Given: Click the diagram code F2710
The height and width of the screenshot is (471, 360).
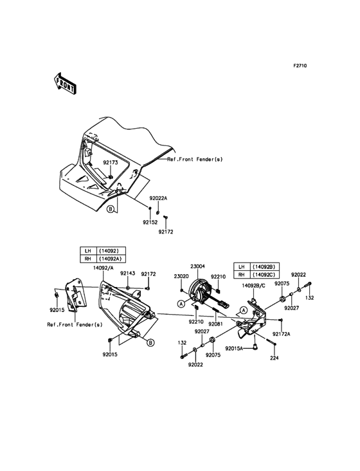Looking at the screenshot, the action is (x=300, y=66).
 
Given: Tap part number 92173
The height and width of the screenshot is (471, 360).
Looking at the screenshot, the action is (x=111, y=163).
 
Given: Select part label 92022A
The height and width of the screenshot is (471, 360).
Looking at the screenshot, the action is (x=158, y=198).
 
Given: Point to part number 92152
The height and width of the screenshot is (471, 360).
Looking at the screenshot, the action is (x=150, y=223).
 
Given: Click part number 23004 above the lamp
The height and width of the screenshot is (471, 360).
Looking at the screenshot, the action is (x=198, y=266).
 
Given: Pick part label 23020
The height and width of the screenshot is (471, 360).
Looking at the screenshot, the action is (x=181, y=277).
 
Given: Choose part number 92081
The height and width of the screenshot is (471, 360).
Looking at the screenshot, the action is (x=216, y=324).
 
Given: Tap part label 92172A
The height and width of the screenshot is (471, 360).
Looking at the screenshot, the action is (x=282, y=334).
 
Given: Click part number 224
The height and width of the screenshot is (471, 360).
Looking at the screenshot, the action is (x=274, y=358).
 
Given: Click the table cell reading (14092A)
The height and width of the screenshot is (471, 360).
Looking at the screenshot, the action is (x=111, y=259).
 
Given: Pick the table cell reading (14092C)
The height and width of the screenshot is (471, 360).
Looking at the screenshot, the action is (x=264, y=275).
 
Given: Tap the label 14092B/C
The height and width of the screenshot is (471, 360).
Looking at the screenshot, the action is (x=254, y=286).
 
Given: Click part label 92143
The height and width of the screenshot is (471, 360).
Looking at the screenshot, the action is (x=128, y=273).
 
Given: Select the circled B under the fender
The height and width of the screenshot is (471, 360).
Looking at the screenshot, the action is (x=111, y=209).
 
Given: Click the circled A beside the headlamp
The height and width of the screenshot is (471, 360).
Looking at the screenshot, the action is (x=181, y=304).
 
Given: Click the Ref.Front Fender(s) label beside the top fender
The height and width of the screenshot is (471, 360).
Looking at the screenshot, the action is (x=195, y=159).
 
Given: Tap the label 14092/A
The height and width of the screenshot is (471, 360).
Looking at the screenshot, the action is (x=104, y=269).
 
